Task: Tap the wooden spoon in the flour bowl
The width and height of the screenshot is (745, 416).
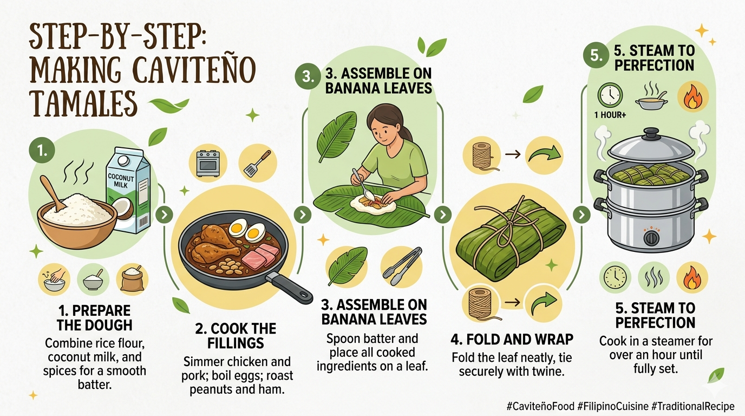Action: pos(51,193)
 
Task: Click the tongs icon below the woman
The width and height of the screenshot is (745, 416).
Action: pos(402,266)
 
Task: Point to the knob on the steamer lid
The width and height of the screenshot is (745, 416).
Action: pos(650,132)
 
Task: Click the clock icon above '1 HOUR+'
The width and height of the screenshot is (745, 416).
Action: pos(610,95)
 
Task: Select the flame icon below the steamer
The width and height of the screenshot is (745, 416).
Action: pos(692,278)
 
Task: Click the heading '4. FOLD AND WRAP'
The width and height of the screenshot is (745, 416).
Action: pos(512,340)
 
